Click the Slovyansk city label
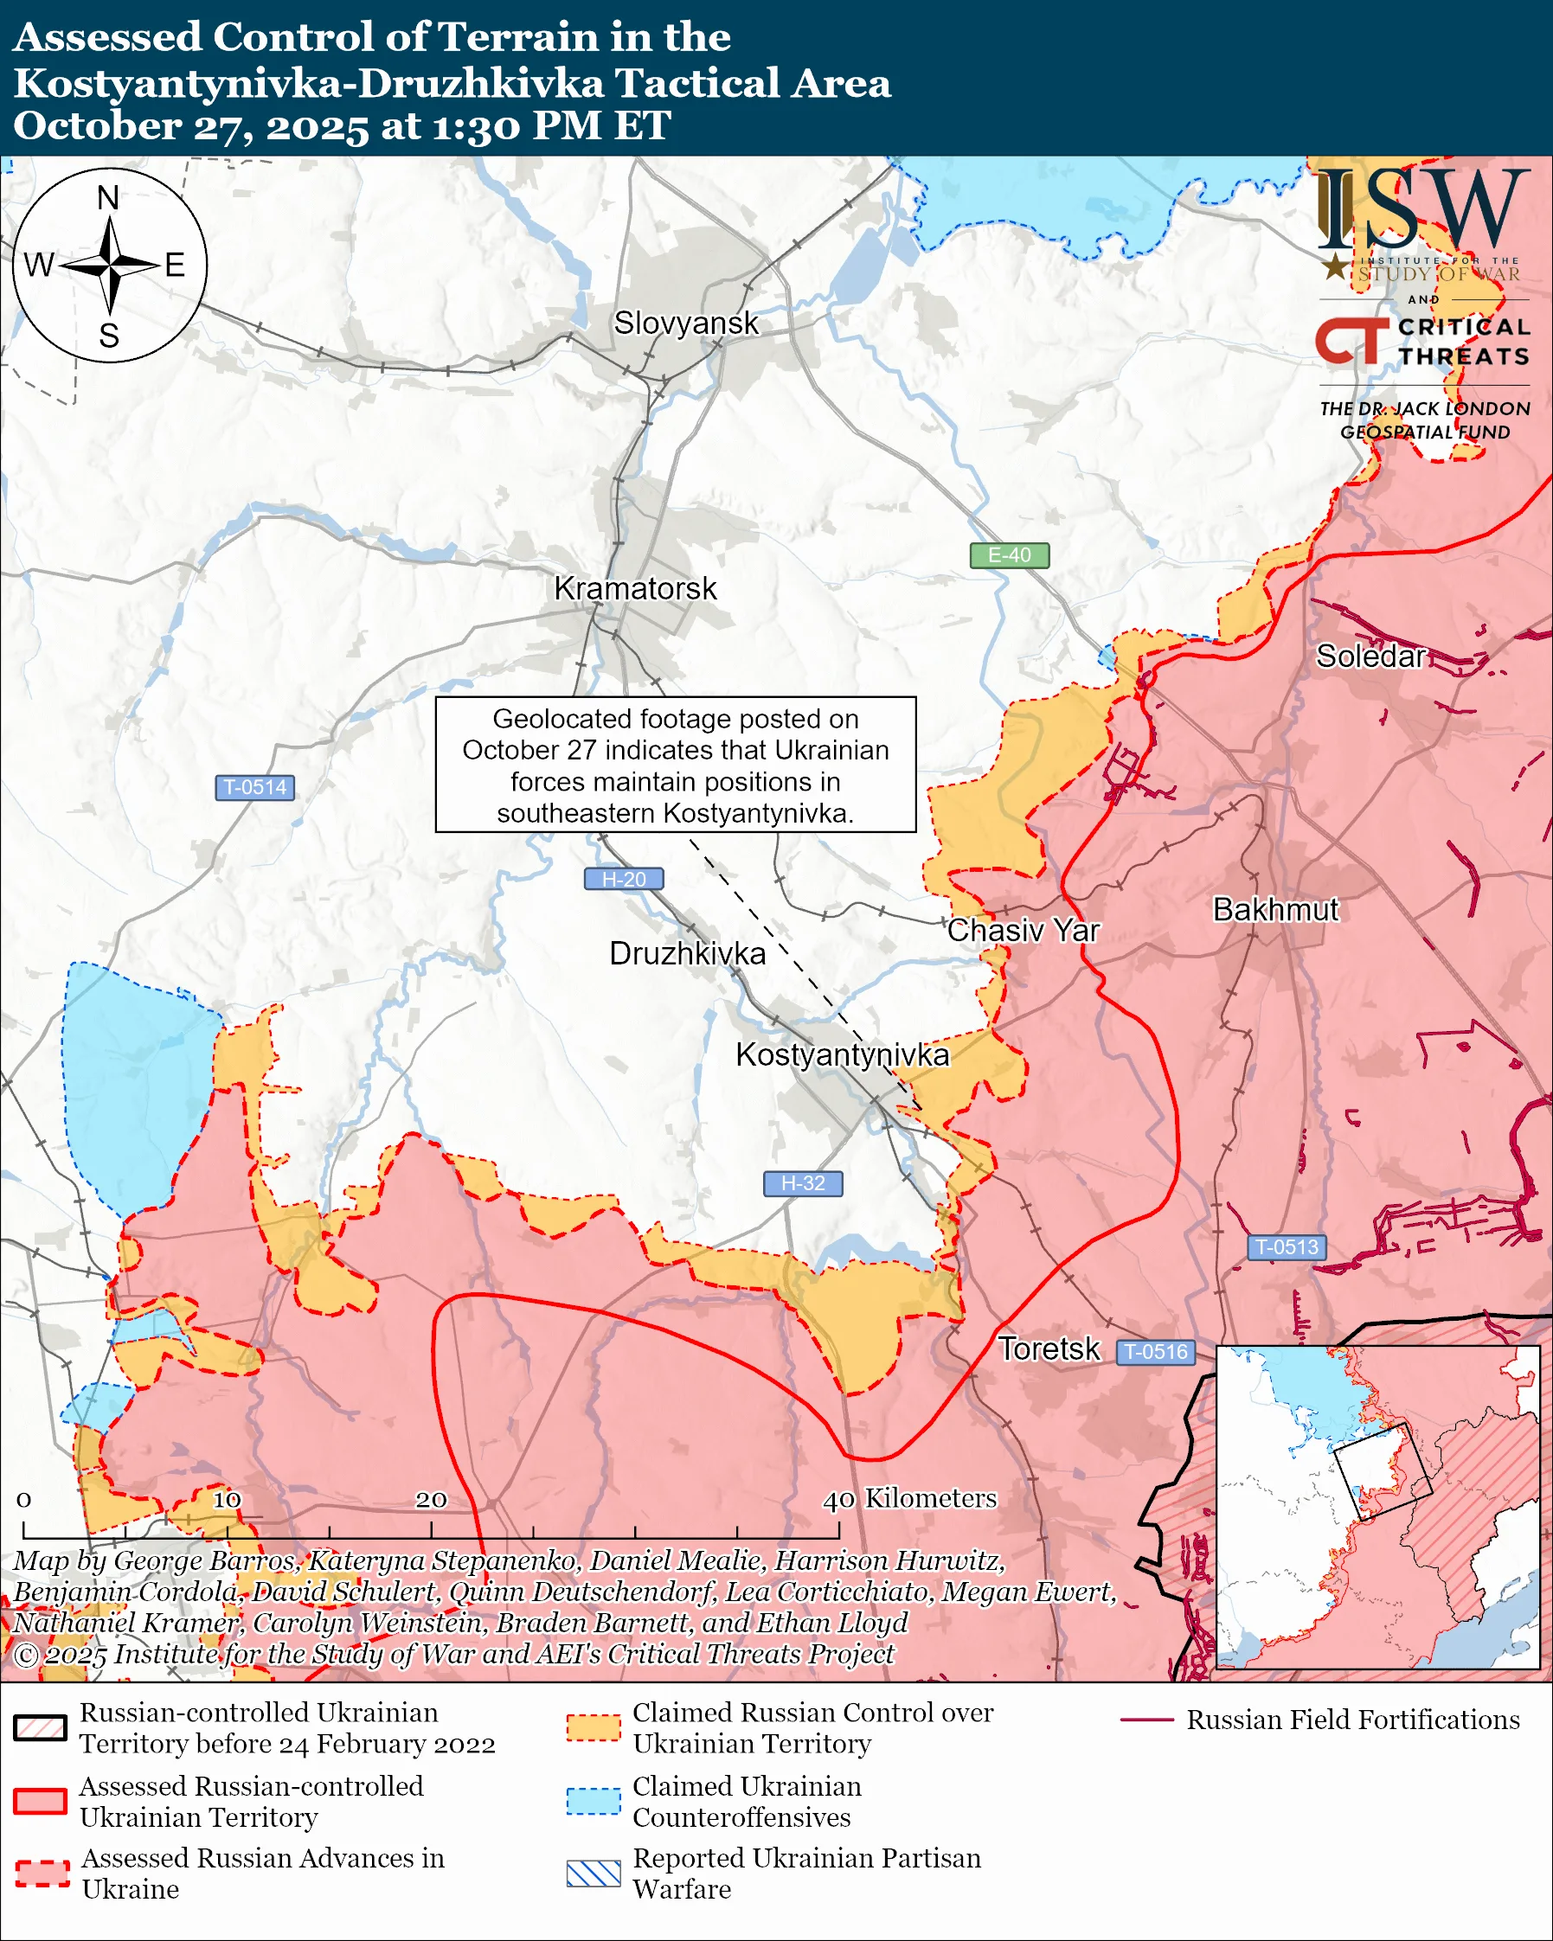[686, 323]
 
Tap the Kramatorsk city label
[635, 589]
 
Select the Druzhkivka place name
[687, 953]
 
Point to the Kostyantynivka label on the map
[842, 1054]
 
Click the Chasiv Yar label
[1023, 930]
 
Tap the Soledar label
[1370, 657]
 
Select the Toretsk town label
[1049, 1348]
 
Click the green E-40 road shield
[1009, 555]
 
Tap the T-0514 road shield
[254, 787]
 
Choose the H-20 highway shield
[624, 879]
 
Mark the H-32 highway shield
[802, 1183]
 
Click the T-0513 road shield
[1287, 1247]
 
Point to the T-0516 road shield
[1156, 1351]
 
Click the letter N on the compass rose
[108, 197]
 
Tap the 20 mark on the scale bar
[430, 1499]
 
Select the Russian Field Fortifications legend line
[1146, 1720]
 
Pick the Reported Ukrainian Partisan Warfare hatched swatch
[594, 1874]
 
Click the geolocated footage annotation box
[675, 765]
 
